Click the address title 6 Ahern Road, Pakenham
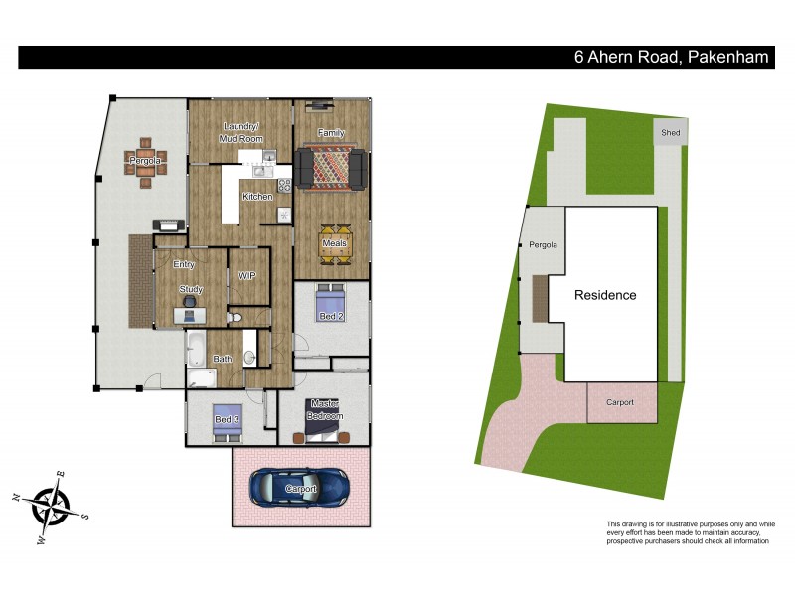pos(672,57)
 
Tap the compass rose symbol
pos(50,507)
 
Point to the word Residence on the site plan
pos(604,295)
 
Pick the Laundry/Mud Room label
pos(239,132)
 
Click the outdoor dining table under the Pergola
pos(146,162)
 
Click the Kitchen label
pos(257,197)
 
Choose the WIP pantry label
pos(247,275)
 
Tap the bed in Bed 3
pos(229,420)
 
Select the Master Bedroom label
pos(325,409)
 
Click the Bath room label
pos(223,360)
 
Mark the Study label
pos(191,290)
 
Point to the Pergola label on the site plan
pos(543,244)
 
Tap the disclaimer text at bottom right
pos(690,532)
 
